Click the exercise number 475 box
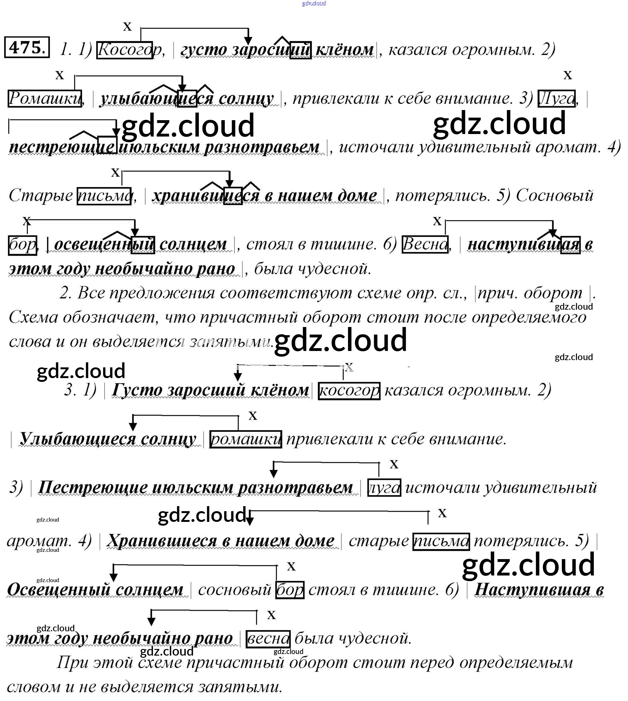(x=27, y=47)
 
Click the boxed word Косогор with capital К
(x=124, y=50)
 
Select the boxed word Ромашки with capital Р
(x=45, y=98)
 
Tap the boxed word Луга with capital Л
(x=556, y=99)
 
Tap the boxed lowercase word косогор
(x=349, y=391)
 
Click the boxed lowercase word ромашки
(x=245, y=439)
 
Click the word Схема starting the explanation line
(x=33, y=317)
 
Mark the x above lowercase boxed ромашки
(x=253, y=416)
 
